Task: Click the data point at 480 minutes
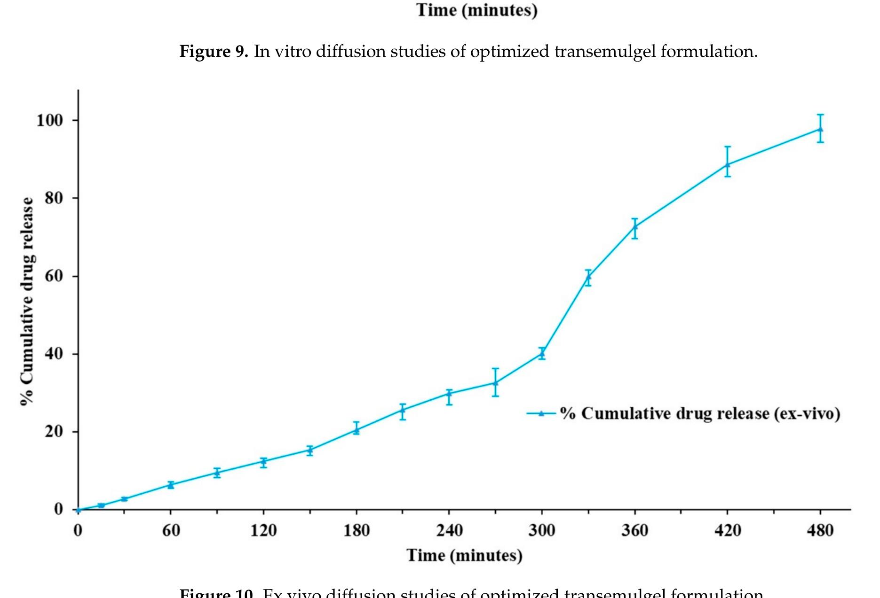(x=820, y=129)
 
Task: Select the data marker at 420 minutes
(x=727, y=164)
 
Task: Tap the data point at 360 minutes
(x=634, y=227)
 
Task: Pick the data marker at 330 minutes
(x=588, y=277)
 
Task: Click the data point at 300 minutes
(x=542, y=353)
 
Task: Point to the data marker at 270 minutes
(x=495, y=383)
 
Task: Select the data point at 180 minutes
(x=356, y=429)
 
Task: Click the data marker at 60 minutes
(x=171, y=485)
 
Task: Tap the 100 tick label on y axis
(x=50, y=121)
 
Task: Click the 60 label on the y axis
(x=54, y=276)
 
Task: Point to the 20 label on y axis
(x=54, y=432)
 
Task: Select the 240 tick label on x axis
(x=449, y=531)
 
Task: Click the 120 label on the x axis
(x=263, y=531)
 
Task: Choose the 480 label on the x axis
(x=820, y=531)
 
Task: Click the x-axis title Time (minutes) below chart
(x=464, y=556)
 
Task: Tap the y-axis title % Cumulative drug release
(x=27, y=301)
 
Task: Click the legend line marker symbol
(x=541, y=413)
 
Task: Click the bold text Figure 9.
(x=214, y=51)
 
